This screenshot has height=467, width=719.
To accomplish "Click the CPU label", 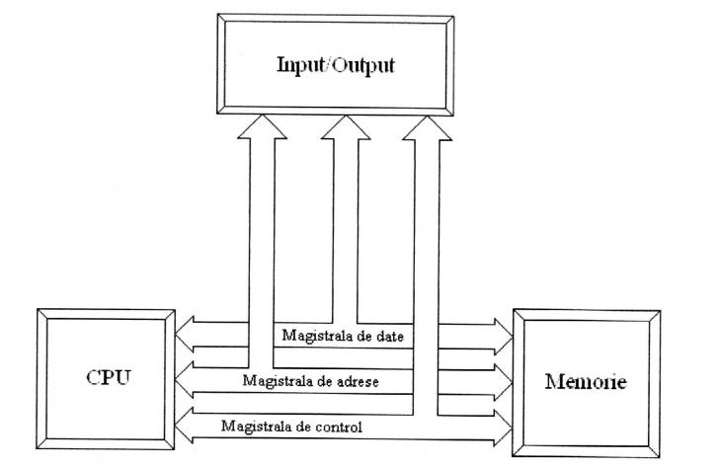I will coord(107,378).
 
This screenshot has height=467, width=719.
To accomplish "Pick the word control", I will coord(337,427).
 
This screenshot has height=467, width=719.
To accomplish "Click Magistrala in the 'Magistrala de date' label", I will coord(313,337).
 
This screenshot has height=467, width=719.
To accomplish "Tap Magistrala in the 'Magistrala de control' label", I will coord(255,427).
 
